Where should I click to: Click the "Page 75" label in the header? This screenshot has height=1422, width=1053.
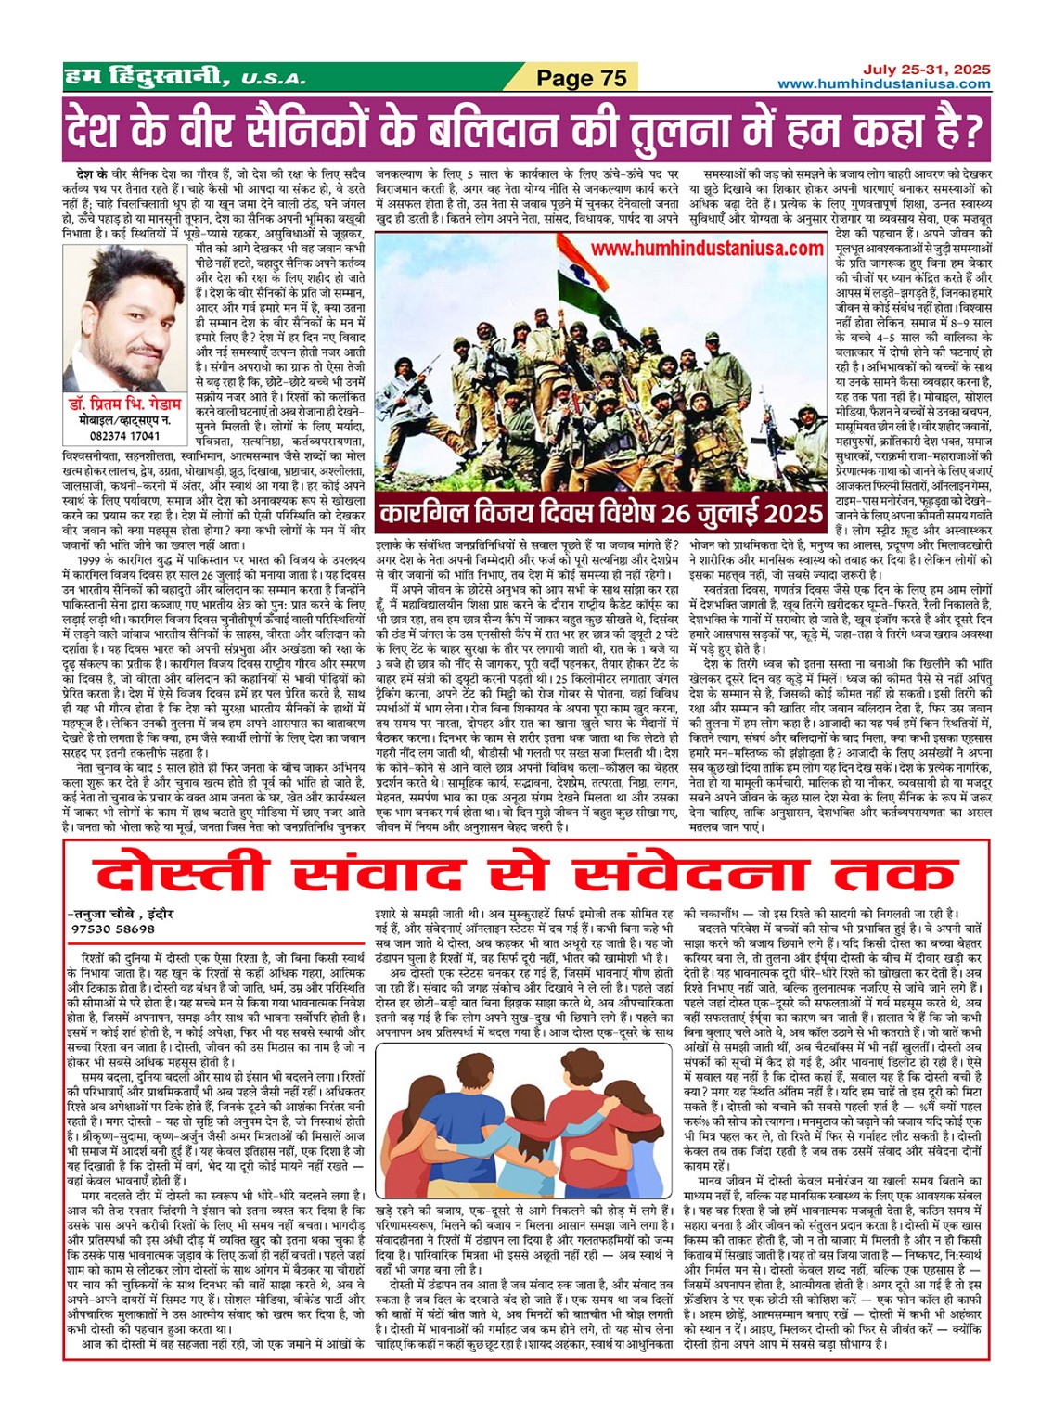click(x=582, y=79)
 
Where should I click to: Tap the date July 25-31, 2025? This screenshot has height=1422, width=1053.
click(x=927, y=70)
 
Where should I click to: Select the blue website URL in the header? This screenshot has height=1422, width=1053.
click(x=884, y=84)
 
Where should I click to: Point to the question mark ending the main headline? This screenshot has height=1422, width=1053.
click(x=969, y=130)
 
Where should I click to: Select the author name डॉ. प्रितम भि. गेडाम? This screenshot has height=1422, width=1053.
click(x=126, y=404)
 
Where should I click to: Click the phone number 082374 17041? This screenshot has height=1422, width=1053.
click(x=126, y=435)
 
